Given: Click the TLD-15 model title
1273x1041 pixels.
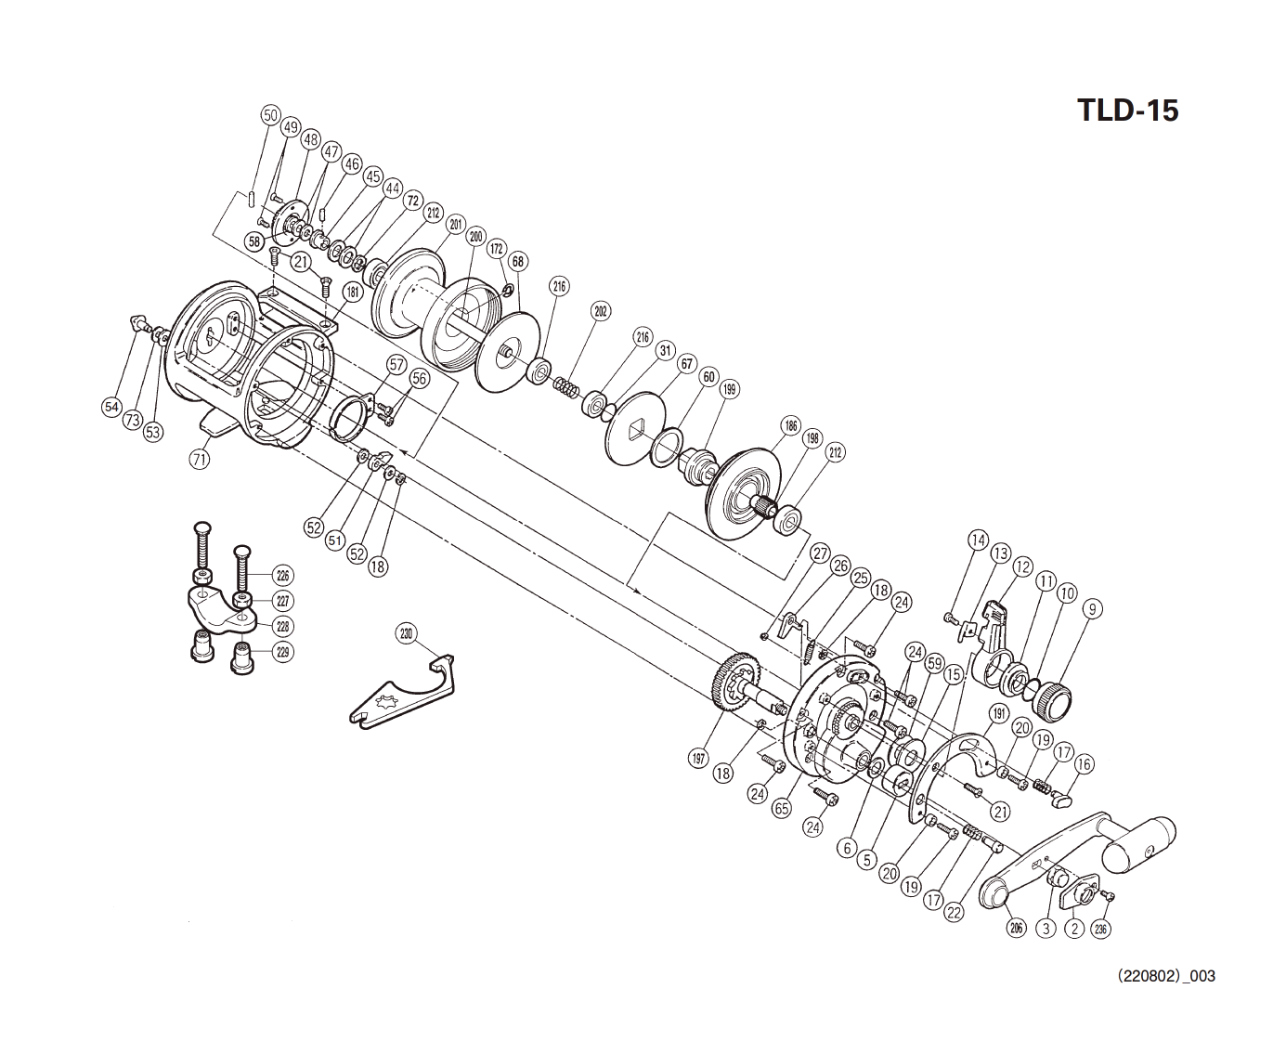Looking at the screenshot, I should [1127, 111].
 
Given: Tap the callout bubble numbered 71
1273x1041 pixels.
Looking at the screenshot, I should [200, 458].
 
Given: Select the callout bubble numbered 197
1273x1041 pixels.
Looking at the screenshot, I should [699, 759].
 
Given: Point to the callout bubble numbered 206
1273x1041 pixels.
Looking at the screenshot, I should [1017, 927].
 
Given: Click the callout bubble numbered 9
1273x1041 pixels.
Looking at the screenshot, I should [1093, 609].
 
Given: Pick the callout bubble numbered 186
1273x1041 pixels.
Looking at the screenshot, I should [790, 427].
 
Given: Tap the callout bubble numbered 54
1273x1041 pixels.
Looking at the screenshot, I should [111, 407].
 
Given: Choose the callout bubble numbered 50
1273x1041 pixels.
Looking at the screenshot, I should [270, 116].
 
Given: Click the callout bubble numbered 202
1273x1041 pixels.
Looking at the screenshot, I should [601, 311].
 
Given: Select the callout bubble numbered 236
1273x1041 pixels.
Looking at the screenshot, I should [1101, 928].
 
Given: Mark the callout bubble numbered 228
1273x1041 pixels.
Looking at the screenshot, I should [283, 627].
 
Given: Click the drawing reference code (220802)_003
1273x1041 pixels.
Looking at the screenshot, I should [1166, 976].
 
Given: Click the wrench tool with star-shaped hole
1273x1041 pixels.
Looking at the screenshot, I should [399, 696].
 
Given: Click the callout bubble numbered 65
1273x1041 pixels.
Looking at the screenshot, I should [781, 808].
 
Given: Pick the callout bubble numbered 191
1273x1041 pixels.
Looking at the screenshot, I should [999, 714].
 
